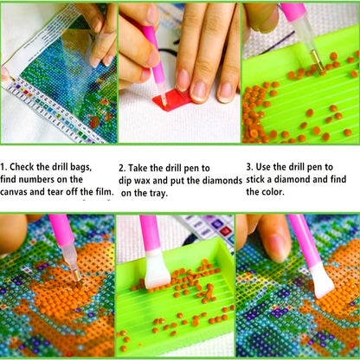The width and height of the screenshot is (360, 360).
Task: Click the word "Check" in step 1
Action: [22, 167]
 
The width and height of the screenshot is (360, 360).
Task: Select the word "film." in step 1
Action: [104, 192]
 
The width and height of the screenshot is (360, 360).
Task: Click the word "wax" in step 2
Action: [142, 181]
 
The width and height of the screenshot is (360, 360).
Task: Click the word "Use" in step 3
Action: [263, 167]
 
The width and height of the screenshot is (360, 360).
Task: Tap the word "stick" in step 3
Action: [255, 179]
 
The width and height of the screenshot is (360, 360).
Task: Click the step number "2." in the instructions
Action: [122, 168]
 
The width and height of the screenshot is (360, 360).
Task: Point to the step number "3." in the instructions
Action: [250, 167]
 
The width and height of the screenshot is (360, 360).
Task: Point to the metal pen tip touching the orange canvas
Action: [76, 275]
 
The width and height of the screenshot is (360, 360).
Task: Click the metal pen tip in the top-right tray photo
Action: [318, 61]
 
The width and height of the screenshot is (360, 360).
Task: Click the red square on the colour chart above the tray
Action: [225, 231]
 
